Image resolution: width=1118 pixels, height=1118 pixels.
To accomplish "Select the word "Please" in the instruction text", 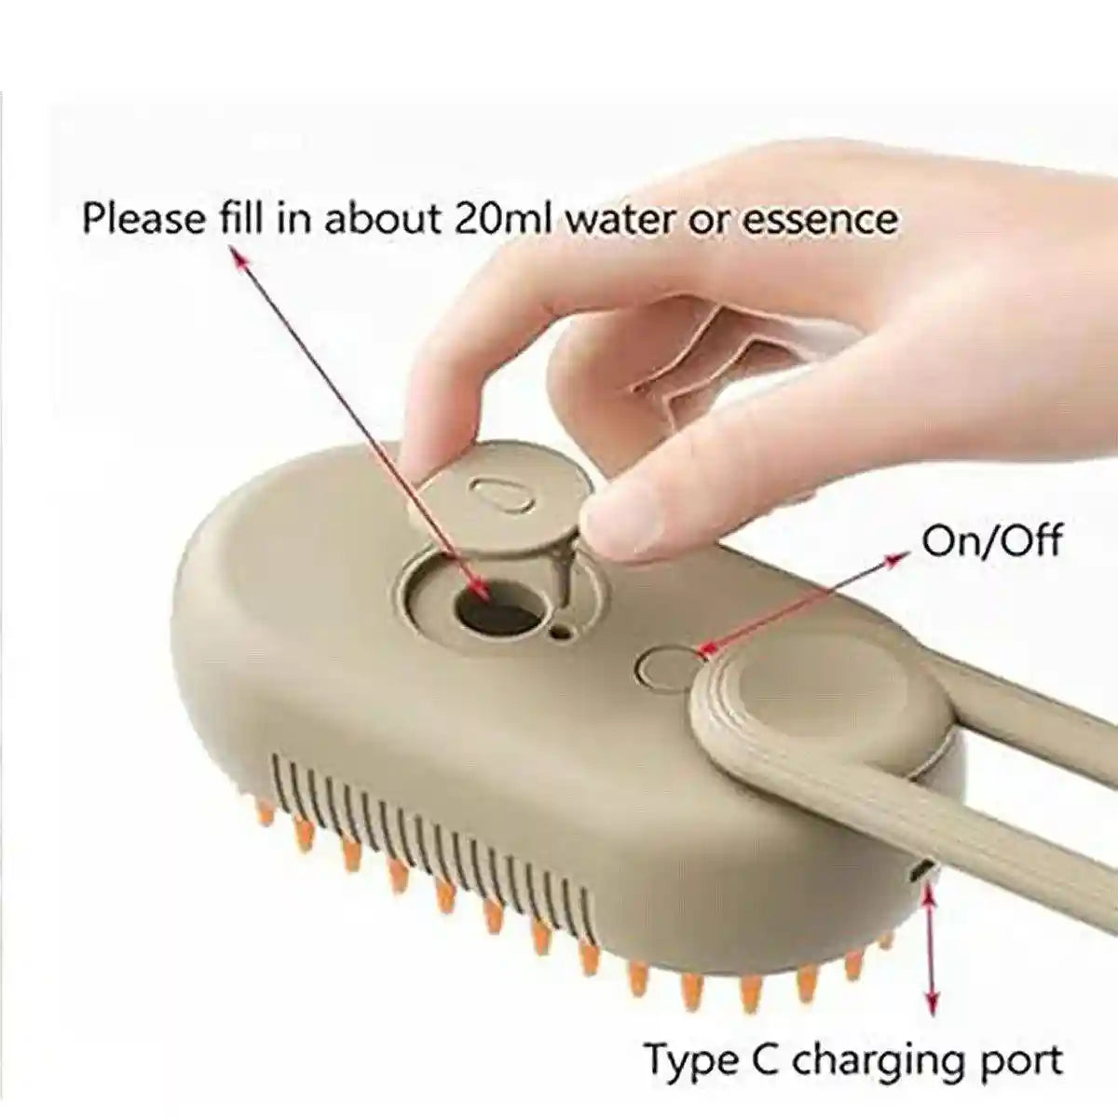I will [x=143, y=220].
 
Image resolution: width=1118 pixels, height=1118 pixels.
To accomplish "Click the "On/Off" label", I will [x=991, y=540].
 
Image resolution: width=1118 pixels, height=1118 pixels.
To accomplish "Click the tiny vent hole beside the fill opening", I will [x=559, y=633].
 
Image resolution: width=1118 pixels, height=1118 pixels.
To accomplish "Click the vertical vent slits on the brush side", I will [x=429, y=820].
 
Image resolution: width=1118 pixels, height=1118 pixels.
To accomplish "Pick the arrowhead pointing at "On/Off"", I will [x=898, y=558].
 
